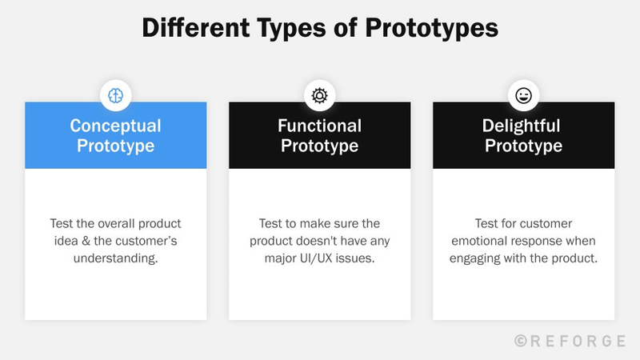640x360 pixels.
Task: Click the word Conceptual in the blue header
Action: pyautogui.click(x=115, y=126)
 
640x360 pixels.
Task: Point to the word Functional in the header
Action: pyautogui.click(x=319, y=126)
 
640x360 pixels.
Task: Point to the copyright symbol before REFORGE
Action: pyautogui.click(x=521, y=341)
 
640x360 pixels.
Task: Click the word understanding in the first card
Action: pyautogui.click(x=115, y=259)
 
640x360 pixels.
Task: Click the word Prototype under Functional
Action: pyautogui.click(x=319, y=146)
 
